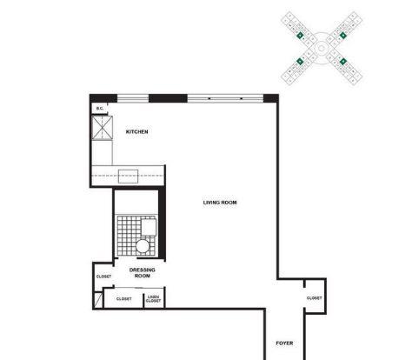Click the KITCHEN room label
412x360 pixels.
(x=136, y=131)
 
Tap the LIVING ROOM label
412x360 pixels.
(x=220, y=203)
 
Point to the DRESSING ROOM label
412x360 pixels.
(x=143, y=273)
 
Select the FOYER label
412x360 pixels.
(x=284, y=343)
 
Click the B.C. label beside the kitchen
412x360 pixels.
(x=100, y=109)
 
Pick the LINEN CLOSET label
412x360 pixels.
(x=153, y=299)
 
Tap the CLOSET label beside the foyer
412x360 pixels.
(x=315, y=298)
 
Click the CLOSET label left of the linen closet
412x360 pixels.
(x=124, y=299)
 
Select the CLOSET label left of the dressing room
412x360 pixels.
(x=103, y=277)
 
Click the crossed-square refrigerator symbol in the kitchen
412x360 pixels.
(x=102, y=128)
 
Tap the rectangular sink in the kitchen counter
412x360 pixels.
(x=128, y=177)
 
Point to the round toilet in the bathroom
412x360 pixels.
(x=143, y=246)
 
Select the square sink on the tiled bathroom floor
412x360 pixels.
(x=149, y=227)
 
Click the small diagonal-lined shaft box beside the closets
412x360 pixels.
(x=98, y=300)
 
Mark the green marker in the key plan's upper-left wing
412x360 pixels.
(x=300, y=36)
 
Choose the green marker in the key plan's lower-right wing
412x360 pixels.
(x=343, y=61)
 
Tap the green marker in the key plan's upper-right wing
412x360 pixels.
(x=343, y=36)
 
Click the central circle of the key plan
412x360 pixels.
(x=322, y=48)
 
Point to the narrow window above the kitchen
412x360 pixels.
(x=133, y=98)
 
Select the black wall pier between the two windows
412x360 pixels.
(x=168, y=98)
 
